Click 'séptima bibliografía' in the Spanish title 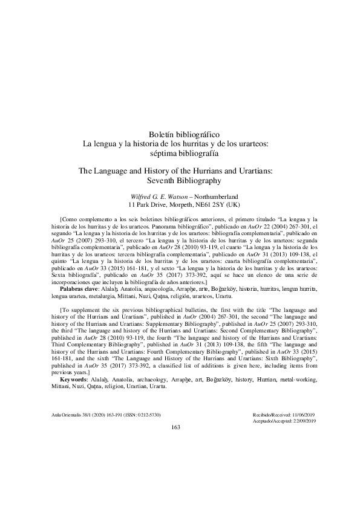[180, 153]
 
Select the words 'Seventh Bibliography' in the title [180, 180]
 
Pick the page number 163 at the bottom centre [176, 427]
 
